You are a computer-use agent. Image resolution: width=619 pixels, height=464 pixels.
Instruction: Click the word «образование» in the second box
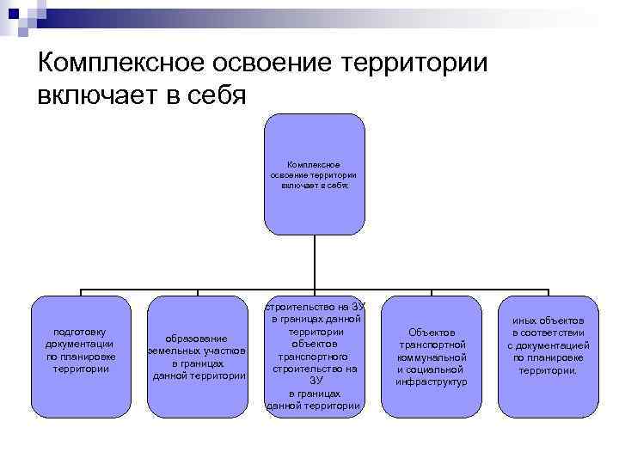tap(198, 338)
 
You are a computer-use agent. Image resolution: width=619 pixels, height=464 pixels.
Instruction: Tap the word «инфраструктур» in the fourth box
tap(432, 381)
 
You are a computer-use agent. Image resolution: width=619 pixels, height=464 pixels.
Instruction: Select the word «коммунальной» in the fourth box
tap(432, 357)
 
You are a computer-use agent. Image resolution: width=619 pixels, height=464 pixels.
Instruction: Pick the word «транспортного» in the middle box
tap(315, 356)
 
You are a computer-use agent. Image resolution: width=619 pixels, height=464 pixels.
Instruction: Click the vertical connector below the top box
tap(314, 262)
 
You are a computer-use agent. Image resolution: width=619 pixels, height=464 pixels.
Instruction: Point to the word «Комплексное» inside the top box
tap(314, 163)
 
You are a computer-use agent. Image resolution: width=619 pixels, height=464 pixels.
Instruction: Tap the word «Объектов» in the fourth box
tap(432, 333)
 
